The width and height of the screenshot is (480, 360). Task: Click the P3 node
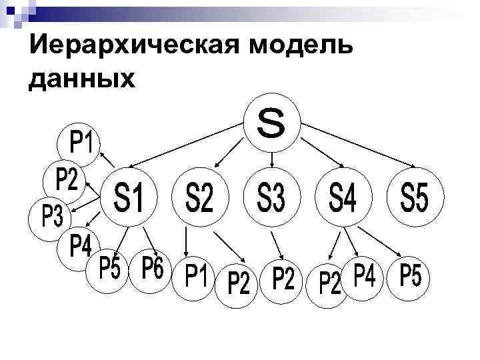point(52,217)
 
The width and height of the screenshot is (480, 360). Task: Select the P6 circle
point(153,270)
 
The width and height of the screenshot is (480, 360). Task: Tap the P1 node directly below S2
point(195,276)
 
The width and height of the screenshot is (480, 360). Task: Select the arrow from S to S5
point(360,146)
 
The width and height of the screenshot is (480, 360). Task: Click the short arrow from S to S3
point(272,158)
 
